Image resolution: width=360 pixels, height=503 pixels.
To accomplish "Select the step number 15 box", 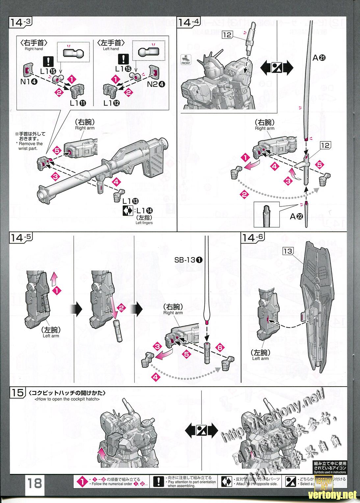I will coord(17,392).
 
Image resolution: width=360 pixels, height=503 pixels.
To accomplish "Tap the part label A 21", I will coord(319,58).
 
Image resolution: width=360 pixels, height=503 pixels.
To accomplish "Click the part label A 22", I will coord(297,216).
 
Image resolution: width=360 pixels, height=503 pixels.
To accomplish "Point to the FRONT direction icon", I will coord(186,60).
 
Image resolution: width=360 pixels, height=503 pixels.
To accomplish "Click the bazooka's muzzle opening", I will coord(41,194).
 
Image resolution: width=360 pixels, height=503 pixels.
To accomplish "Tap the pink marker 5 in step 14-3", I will coord(57,150).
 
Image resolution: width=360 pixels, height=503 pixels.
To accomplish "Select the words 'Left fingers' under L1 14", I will coord(144,223).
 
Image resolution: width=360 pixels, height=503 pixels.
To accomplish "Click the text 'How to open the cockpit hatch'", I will coord(67,399).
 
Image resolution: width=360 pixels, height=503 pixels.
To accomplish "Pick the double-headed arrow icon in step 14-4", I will coord(277,68).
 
